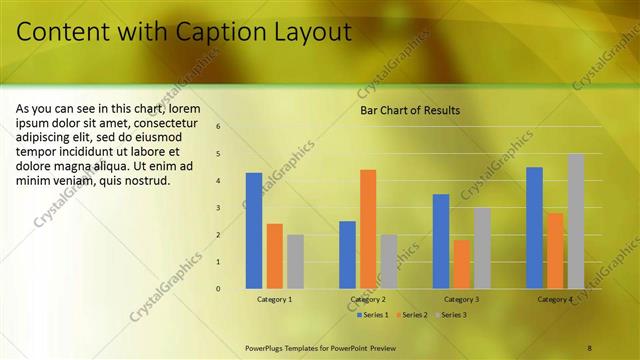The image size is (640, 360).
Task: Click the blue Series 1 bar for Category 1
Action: [x=254, y=231]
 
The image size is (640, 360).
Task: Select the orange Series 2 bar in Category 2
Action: [x=368, y=229]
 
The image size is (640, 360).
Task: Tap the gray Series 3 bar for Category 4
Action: [x=576, y=221]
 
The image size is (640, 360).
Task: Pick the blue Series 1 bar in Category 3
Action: [x=441, y=241]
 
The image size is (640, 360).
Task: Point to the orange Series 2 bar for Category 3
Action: [x=461, y=264]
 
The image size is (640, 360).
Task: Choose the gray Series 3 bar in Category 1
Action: [x=295, y=261]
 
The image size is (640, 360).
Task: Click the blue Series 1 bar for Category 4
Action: [x=534, y=228]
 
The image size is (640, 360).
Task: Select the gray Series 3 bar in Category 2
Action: [x=388, y=261]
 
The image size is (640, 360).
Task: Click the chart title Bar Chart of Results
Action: [x=410, y=111]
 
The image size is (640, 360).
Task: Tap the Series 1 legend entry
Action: [x=375, y=315]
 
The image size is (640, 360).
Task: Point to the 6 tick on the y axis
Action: [x=218, y=127]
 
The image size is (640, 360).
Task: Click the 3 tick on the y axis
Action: [x=218, y=208]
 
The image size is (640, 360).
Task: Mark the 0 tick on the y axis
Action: [x=218, y=289]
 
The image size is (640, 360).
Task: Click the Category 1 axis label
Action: [x=275, y=300]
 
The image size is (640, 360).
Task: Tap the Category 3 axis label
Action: [x=461, y=300]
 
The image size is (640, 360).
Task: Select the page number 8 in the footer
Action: [x=589, y=347]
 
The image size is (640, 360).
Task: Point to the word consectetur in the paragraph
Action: [x=189, y=122]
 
